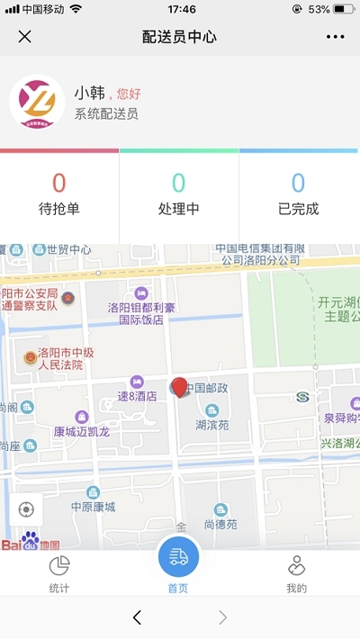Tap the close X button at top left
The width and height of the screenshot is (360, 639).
25,37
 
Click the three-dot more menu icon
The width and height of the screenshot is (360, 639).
335,37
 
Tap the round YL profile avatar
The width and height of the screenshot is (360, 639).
37,102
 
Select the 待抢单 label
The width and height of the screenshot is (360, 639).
59,209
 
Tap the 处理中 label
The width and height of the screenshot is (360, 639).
179,209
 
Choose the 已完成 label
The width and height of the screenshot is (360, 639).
299,209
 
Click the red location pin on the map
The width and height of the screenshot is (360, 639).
180,388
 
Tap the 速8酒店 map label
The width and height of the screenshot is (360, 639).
137,395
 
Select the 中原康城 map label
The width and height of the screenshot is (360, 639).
94,507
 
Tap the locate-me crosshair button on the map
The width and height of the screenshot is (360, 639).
25,509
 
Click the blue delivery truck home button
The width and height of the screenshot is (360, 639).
179,557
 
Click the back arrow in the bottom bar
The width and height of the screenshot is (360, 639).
137,617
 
